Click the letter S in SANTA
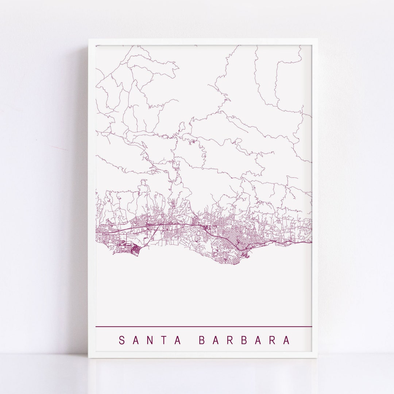pyautogui.click(x=122, y=340)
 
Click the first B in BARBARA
pyautogui.click(x=202, y=340)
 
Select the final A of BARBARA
pyautogui.click(x=287, y=340)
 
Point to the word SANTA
pyautogui.click(x=150, y=340)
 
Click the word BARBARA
pyautogui.click(x=244, y=340)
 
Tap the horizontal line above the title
pyautogui.click(x=204, y=326)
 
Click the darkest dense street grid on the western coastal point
pyautogui.click(x=135, y=250)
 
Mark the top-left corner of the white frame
pyautogui.click(x=89, y=39)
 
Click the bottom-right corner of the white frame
pyautogui.click(x=317, y=357)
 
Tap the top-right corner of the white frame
pyautogui.click(x=317, y=39)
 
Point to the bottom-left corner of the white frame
pyautogui.click(x=89, y=357)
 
